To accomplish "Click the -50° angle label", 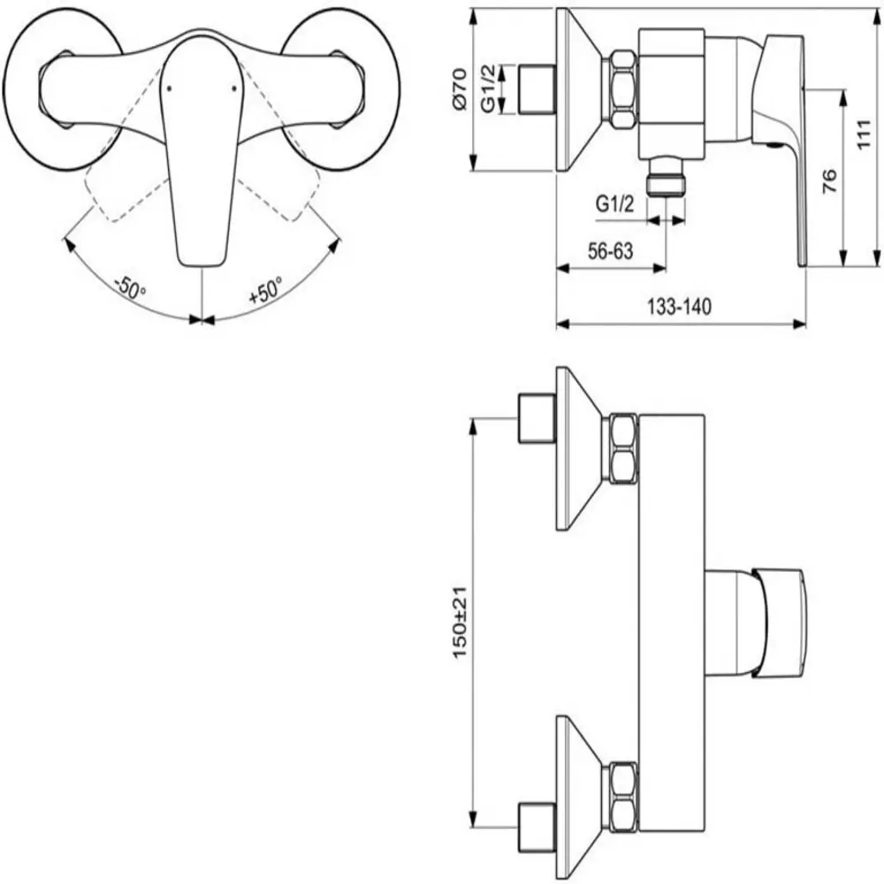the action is tap(130, 288).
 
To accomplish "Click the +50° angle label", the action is tap(265, 290).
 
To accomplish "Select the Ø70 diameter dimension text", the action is tap(460, 89).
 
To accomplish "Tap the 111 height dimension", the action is tap(864, 134).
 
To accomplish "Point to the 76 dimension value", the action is tap(829, 181).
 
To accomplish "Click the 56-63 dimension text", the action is tap(611, 251).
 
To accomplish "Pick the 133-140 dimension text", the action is tap(679, 307).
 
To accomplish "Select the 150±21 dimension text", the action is tap(460, 622).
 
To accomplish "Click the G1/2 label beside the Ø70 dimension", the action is tap(488, 88).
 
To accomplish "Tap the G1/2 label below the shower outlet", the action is tap(615, 203).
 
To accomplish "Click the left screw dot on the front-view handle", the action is tap(169, 88).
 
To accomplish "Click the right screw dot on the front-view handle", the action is tap(234, 88).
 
